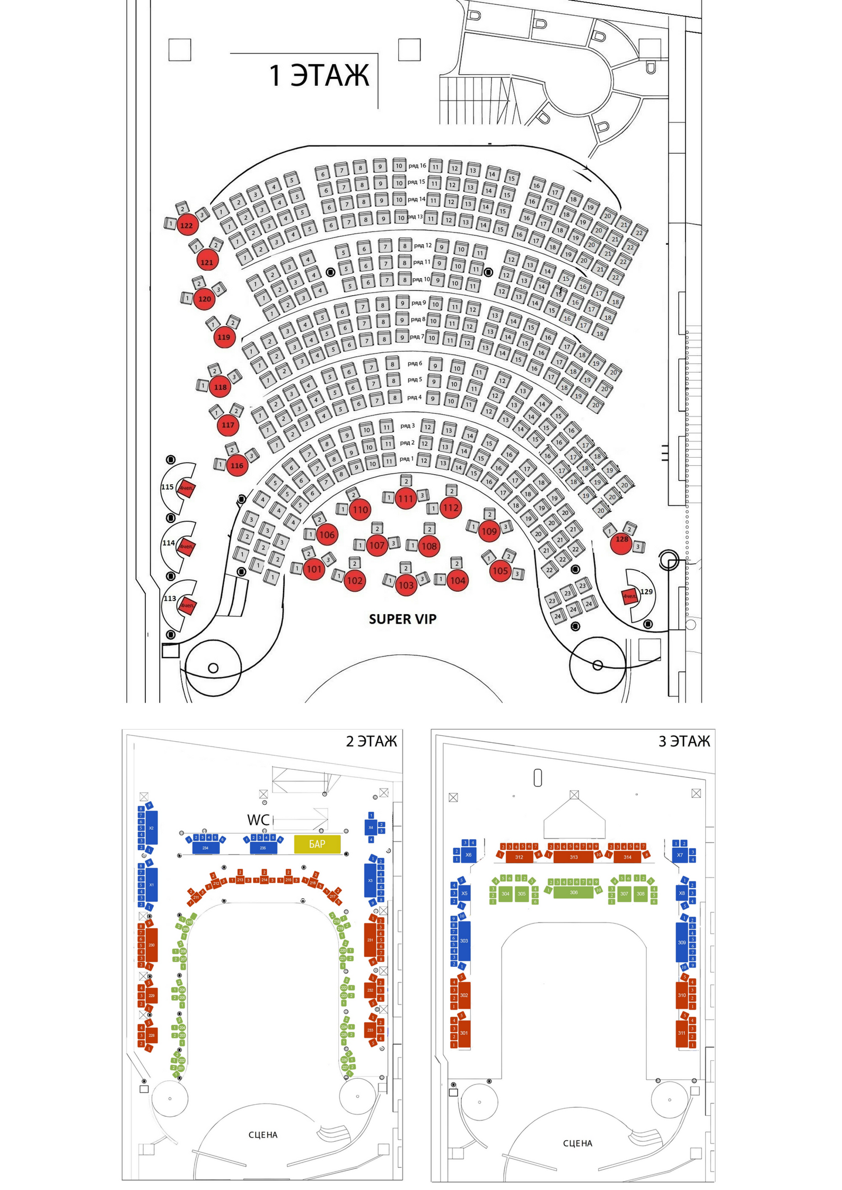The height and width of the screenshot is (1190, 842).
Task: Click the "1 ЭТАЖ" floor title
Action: coord(319,75)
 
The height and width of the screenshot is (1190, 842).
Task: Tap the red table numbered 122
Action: coord(187,225)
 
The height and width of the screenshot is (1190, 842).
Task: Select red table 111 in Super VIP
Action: coord(406,499)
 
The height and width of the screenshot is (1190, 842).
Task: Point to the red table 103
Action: coord(406,585)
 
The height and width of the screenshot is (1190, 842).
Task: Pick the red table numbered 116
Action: coord(236,466)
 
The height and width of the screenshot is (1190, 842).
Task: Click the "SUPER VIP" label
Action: coord(402,619)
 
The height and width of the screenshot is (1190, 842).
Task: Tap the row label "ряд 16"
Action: coord(417,166)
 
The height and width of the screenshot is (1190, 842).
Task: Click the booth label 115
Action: coord(168,487)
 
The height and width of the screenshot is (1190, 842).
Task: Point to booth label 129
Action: coord(646,592)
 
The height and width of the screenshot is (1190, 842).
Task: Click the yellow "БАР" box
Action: coord(317,844)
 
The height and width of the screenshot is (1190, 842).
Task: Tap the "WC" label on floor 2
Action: coord(258,820)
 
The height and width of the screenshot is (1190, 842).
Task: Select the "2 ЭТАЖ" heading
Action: coord(371,741)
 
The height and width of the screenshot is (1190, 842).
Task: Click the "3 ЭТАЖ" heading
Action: coord(684,741)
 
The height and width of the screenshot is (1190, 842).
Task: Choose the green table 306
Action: coord(573,892)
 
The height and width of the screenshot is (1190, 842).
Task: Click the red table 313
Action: coord(573,857)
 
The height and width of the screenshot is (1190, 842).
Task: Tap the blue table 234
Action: coord(205,848)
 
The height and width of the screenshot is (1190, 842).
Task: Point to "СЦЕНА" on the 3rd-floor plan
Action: coord(577,1143)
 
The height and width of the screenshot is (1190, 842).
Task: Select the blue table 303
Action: coord(464,940)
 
